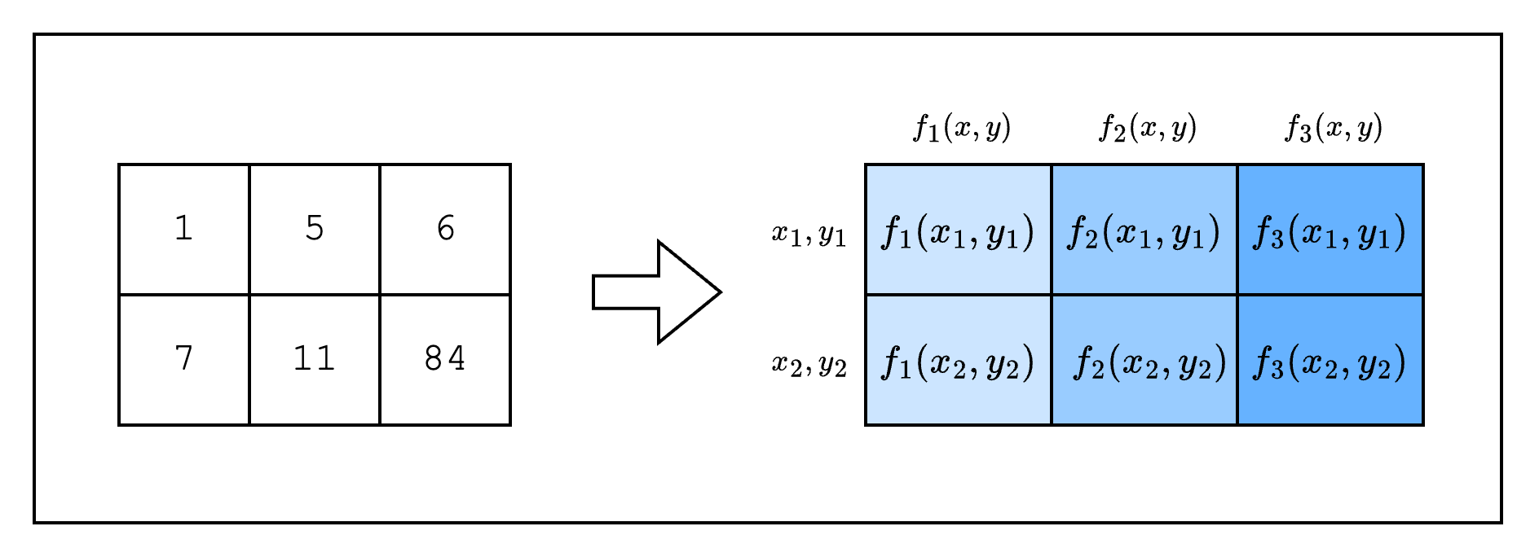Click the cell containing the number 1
[x=184, y=229]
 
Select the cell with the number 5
[x=315, y=229]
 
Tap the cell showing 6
[x=445, y=229]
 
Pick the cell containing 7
[x=184, y=359]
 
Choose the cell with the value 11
[x=315, y=359]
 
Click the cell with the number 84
[x=445, y=359]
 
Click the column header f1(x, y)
[x=962, y=128]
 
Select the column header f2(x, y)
[x=1148, y=128]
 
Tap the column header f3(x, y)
[x=1334, y=128]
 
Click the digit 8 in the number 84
[x=434, y=359]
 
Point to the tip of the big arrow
[x=718, y=292]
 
